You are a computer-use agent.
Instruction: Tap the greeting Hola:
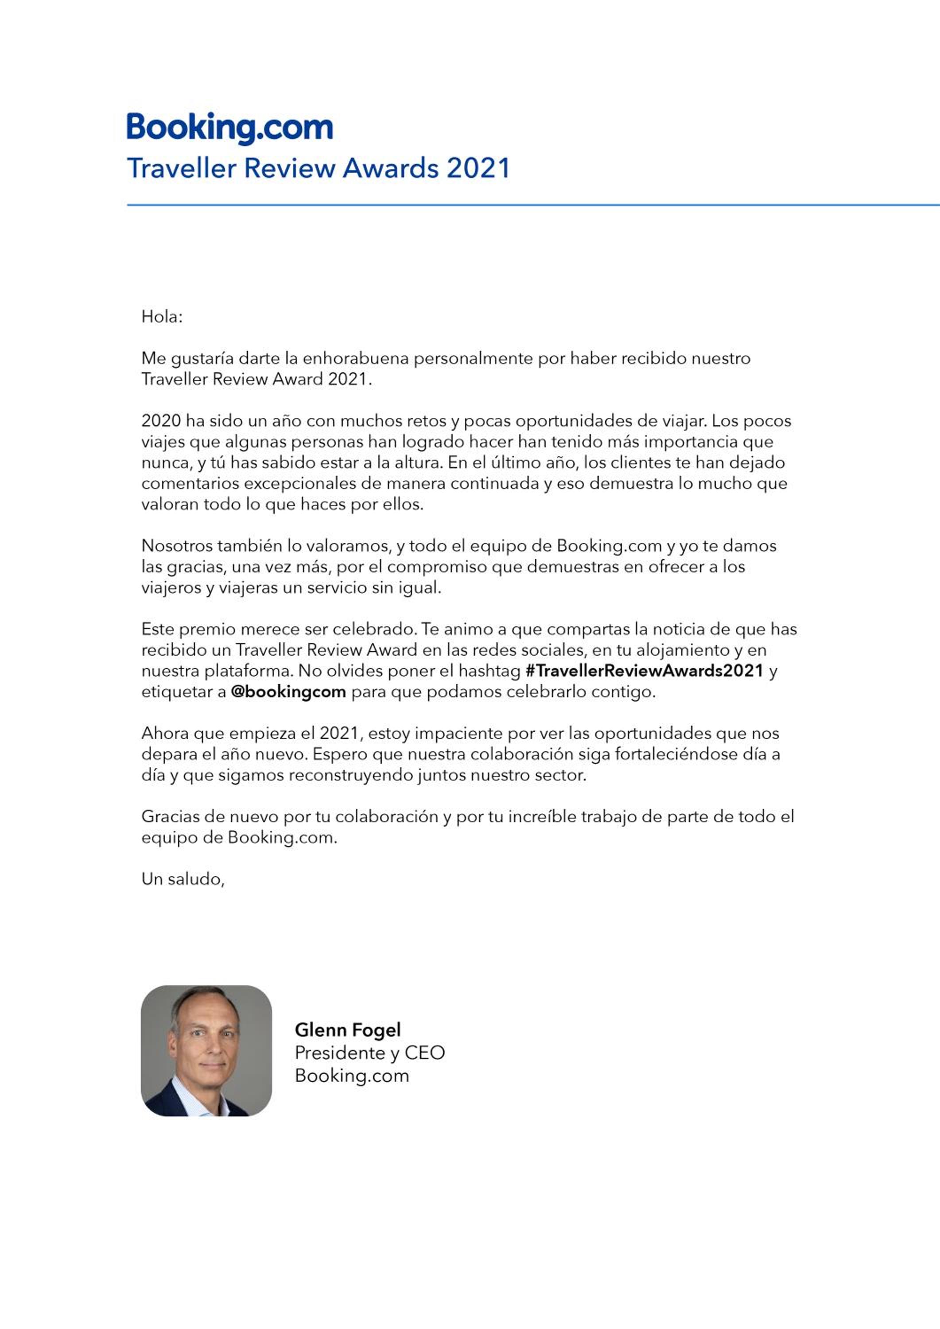coord(162,317)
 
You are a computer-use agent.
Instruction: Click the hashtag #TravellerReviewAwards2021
coord(644,671)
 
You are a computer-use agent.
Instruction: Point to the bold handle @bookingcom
coord(288,692)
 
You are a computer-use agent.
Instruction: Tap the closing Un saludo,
coord(183,879)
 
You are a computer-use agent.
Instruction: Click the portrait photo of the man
coord(206,1051)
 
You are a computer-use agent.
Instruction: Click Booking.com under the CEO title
coord(351,1076)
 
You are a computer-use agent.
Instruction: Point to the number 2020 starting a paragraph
coord(161,421)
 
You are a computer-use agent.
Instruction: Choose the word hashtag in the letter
coord(489,671)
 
